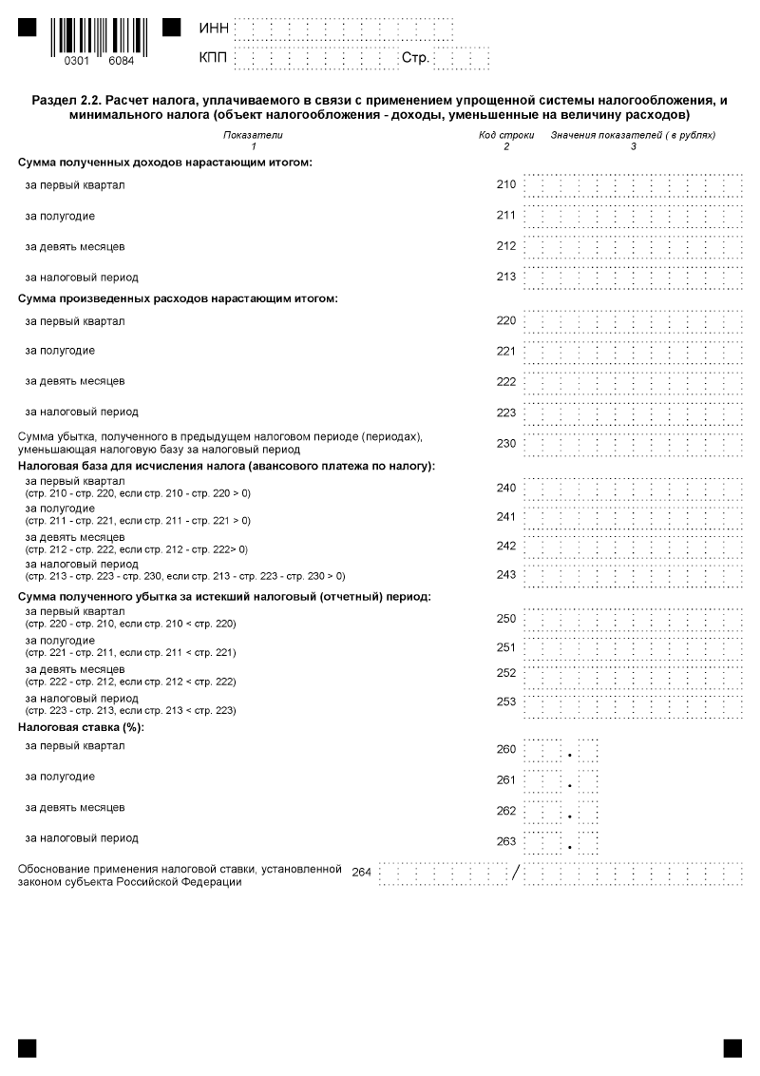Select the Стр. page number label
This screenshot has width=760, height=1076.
coord(415,59)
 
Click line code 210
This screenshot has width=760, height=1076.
coord(506,184)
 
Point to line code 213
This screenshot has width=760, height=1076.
coord(506,278)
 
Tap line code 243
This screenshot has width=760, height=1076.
coord(506,574)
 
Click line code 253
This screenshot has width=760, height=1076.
coord(506,702)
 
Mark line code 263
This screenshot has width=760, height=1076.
coord(506,841)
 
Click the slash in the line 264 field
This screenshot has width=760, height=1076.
coord(516,873)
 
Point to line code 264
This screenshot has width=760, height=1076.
coord(361,873)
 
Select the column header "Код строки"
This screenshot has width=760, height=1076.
coord(506,135)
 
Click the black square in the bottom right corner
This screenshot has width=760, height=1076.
coord(732,1047)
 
